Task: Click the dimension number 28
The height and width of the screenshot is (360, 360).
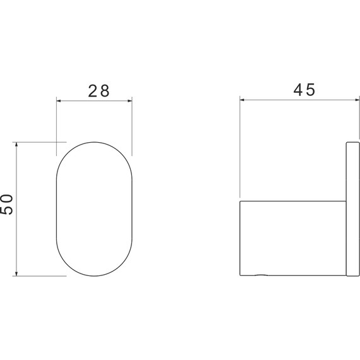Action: (99, 91)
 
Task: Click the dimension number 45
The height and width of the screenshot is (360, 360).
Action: (304, 90)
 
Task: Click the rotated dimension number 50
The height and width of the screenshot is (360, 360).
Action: (7, 205)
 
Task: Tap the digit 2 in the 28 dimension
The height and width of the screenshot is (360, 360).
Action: (93, 91)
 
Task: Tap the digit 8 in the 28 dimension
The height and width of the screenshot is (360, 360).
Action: (105, 91)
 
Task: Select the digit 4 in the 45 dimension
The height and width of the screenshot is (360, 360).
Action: (298, 90)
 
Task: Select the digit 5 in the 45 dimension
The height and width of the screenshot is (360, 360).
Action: (311, 90)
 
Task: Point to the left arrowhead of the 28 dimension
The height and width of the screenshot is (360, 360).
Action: (59, 100)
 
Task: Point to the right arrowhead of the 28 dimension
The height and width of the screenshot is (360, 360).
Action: (130, 100)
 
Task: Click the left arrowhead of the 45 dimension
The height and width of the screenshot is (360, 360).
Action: (242, 100)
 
